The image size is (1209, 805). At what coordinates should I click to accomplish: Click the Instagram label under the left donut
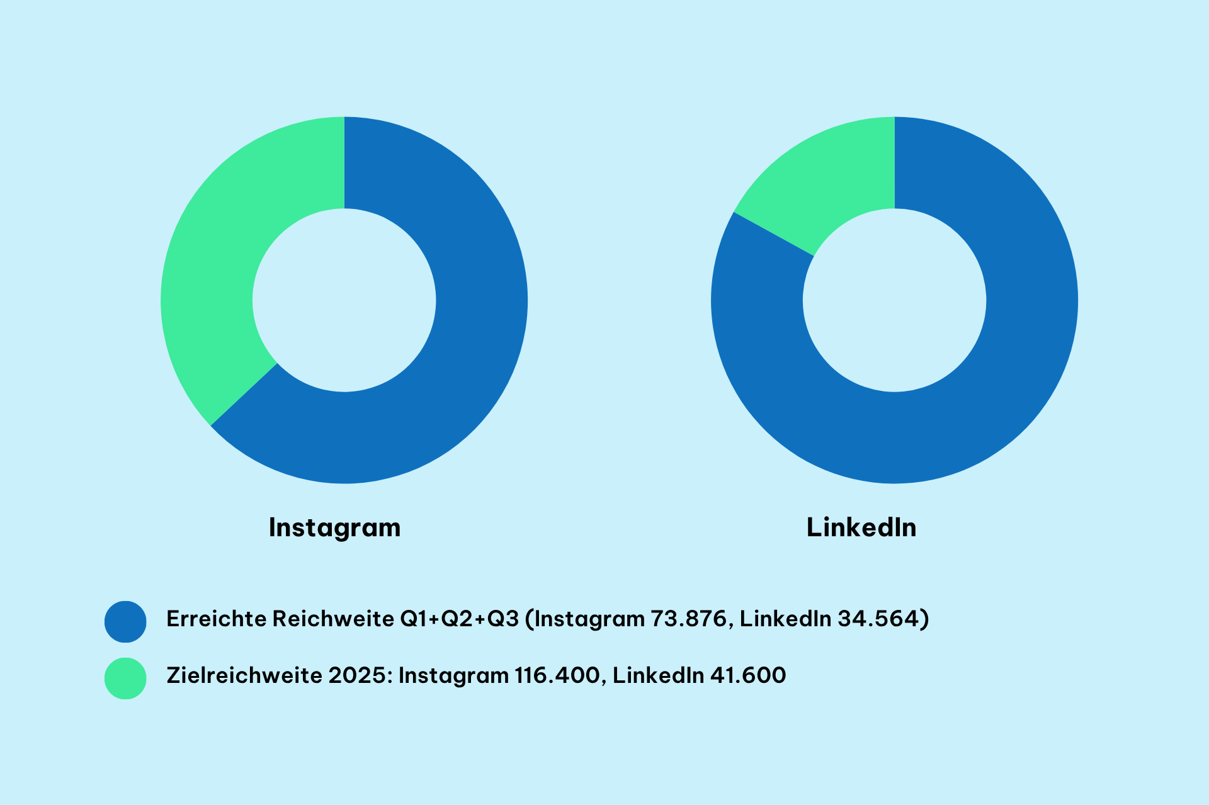pyautogui.click(x=334, y=527)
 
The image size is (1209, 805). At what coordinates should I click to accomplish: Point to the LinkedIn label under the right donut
pyautogui.click(x=861, y=527)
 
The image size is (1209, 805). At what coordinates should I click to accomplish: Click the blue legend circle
pyautogui.click(x=125, y=621)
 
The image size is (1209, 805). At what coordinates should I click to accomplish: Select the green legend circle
pyautogui.click(x=125, y=678)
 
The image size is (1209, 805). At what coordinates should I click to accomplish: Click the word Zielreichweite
pyautogui.click(x=244, y=675)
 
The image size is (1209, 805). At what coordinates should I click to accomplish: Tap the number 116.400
pyautogui.click(x=557, y=675)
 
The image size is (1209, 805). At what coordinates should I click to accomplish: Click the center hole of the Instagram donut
pyautogui.click(x=344, y=300)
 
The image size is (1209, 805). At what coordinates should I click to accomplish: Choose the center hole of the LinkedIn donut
pyautogui.click(x=894, y=300)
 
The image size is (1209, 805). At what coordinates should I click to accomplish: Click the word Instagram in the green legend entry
pyautogui.click(x=453, y=675)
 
